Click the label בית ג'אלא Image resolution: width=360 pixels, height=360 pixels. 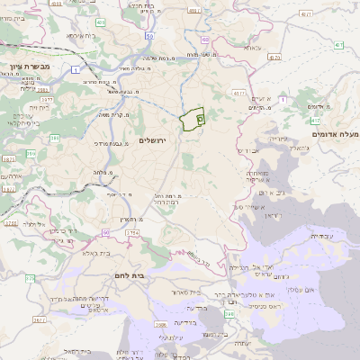[x=96, y=253]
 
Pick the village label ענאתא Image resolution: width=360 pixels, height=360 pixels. [x=253, y=47]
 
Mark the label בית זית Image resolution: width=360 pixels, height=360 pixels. [x=35, y=107]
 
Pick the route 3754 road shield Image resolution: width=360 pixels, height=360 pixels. [x=132, y=233]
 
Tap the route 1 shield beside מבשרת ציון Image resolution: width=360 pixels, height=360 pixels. [x=78, y=69]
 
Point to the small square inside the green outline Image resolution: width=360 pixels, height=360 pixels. [x=200, y=117]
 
